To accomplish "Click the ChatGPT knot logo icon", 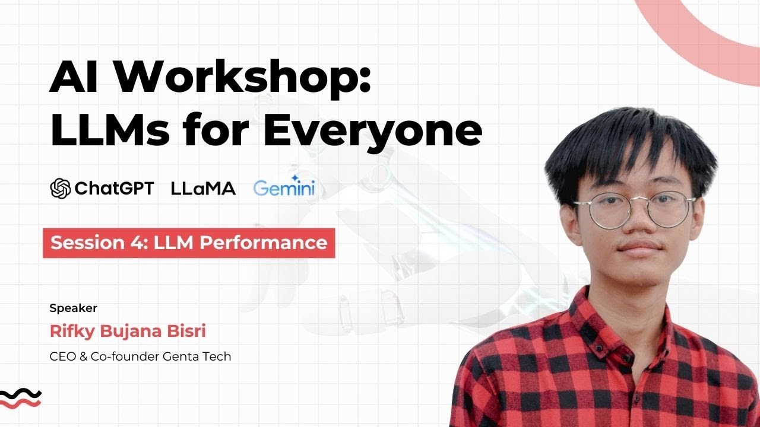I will click(61, 189).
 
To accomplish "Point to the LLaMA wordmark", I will click(203, 189).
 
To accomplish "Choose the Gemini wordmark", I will click(284, 189).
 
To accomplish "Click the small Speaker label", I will click(73, 308).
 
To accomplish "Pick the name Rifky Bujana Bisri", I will click(128, 331).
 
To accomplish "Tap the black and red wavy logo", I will click(21, 397).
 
